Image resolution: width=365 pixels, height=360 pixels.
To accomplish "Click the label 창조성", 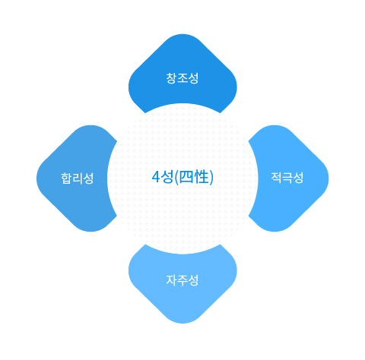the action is click(182, 78).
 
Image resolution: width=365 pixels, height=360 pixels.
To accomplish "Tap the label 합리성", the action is click(78, 178).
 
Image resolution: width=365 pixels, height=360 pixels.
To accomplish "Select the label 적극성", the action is click(287, 178).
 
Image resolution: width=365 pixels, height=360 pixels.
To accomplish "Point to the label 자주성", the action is click(182, 280).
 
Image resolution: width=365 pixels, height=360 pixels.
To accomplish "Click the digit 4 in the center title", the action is click(156, 177).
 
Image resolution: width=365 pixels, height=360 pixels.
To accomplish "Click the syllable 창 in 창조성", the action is click(172, 78).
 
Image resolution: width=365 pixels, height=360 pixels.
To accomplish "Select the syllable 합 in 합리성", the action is click(66, 178).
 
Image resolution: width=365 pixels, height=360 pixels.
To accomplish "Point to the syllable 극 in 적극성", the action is click(287, 178).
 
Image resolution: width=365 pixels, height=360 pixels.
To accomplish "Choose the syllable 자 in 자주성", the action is click(172, 280).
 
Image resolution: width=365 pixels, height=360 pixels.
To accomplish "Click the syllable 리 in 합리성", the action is click(78, 178).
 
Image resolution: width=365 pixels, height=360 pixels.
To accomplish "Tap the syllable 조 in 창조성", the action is click(182, 78).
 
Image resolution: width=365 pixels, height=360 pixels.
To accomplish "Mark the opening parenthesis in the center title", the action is click(177, 177).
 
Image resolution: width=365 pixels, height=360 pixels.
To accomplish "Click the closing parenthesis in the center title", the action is click(211, 177).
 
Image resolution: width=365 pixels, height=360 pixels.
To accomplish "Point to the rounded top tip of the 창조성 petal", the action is click(182, 34).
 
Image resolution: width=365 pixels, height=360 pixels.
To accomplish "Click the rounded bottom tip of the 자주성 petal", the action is click(182, 323).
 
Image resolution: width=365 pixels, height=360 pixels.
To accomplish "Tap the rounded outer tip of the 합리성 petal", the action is click(37, 178).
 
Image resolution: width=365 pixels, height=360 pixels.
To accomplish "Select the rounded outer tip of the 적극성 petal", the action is click(328, 178).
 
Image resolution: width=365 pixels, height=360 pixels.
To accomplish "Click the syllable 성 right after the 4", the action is click(167, 177).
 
